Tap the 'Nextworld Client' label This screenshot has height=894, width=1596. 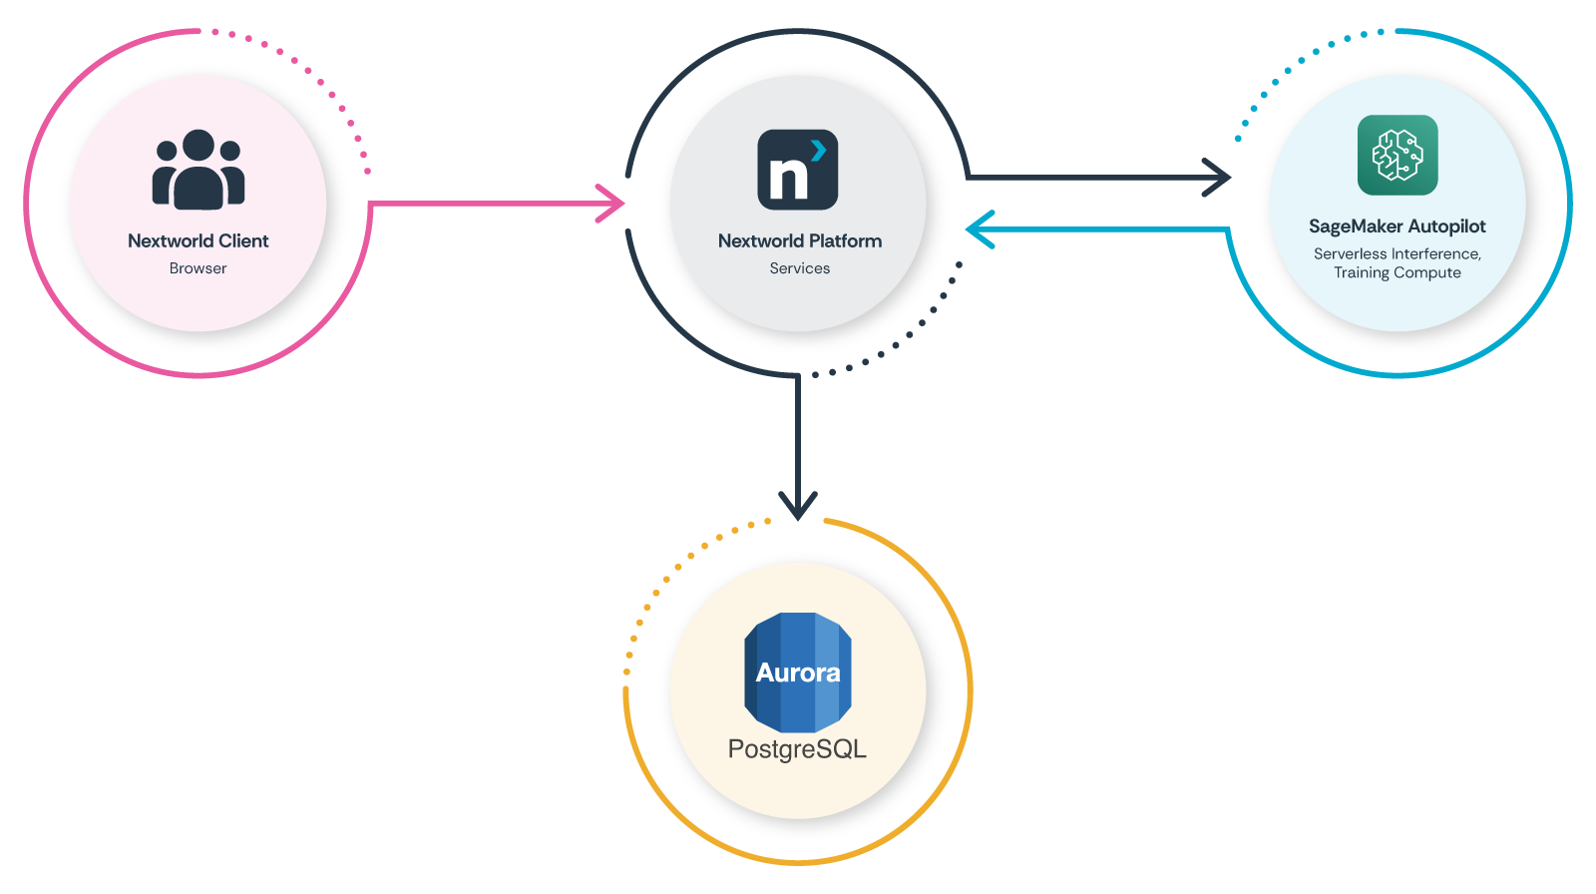point(198,240)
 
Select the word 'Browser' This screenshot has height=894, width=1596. point(198,268)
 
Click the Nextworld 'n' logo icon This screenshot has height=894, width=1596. point(797,170)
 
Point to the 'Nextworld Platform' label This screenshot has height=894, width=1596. point(799,240)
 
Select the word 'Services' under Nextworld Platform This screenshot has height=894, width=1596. point(799,268)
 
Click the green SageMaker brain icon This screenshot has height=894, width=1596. point(1396,155)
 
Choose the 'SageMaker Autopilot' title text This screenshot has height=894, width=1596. point(1396,226)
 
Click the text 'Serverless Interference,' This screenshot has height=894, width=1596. point(1396,253)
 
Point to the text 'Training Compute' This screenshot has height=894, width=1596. point(1396,272)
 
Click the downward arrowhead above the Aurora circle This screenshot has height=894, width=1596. point(798,506)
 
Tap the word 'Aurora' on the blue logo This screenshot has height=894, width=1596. point(797,672)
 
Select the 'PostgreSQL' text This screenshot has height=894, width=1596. point(797,748)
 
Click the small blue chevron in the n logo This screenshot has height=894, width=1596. point(819,150)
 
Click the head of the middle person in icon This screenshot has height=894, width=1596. point(199,145)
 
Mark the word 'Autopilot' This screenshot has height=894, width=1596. point(1446,226)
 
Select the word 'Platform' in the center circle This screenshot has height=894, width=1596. point(845,240)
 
